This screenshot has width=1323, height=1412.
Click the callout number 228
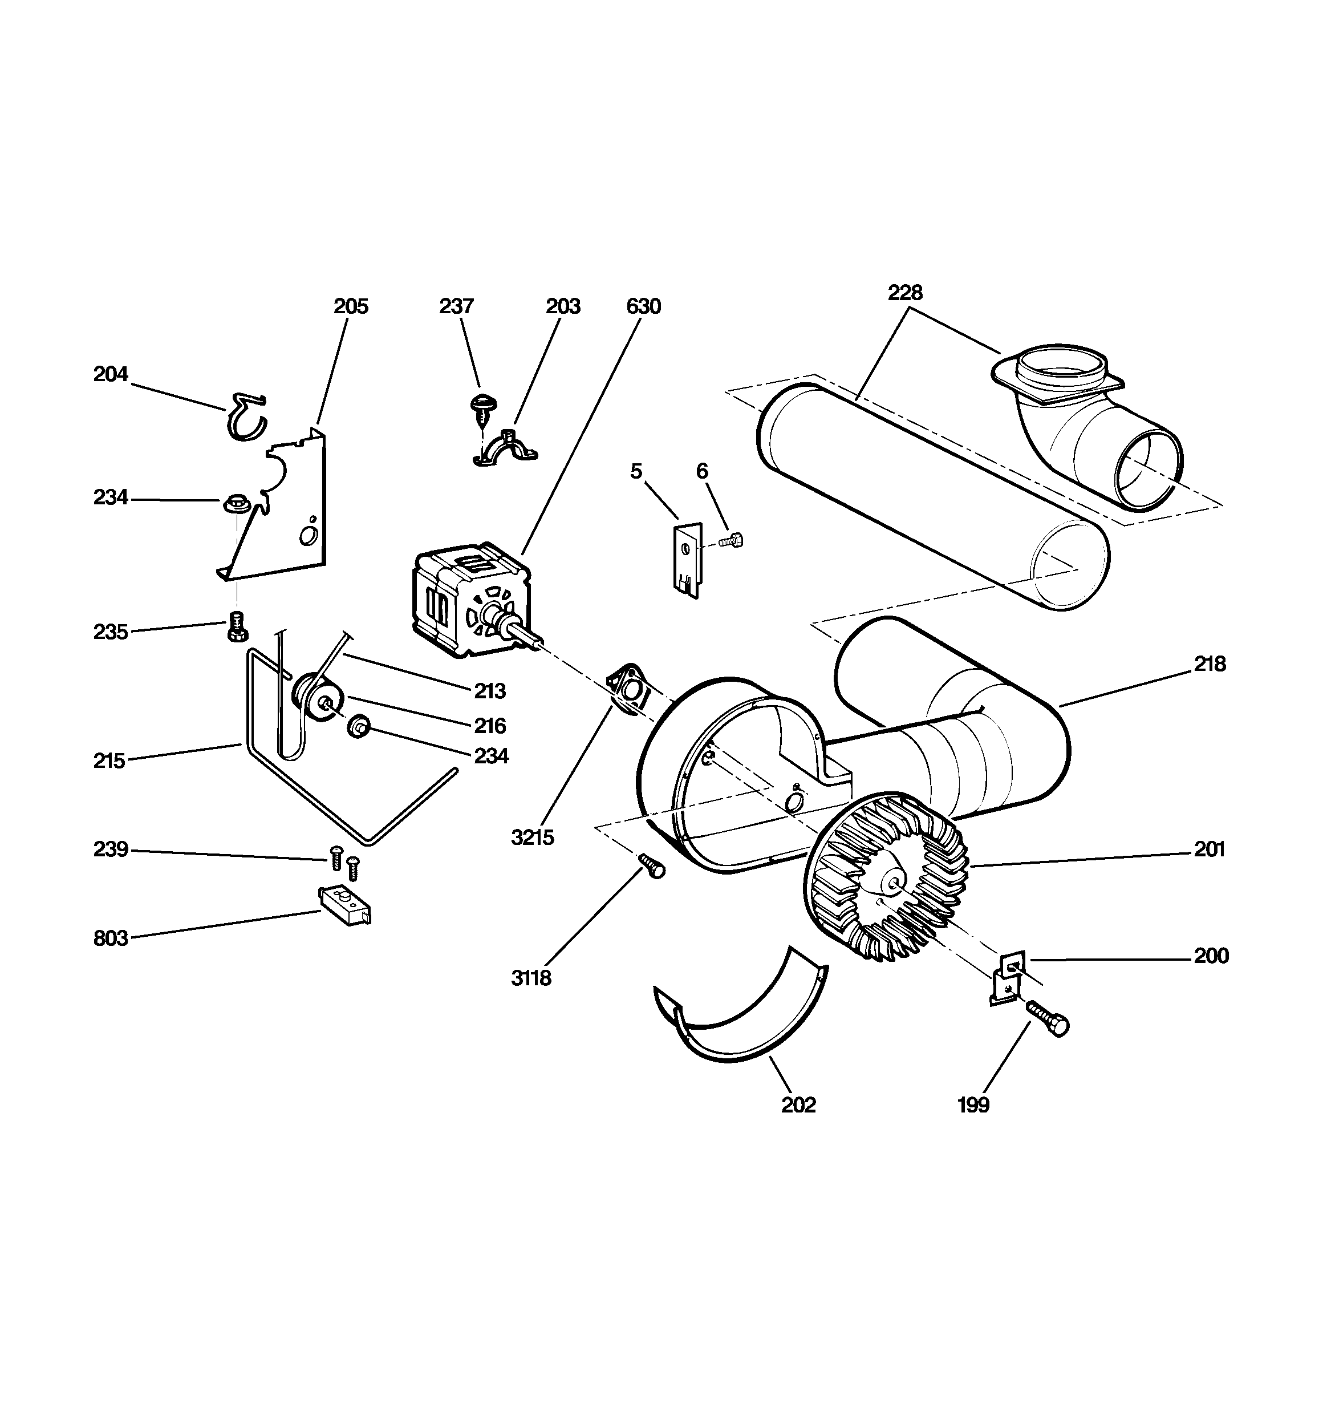905,292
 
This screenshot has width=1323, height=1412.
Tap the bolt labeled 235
237,626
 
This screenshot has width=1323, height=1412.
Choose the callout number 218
1209,664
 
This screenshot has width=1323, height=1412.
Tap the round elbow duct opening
1147,470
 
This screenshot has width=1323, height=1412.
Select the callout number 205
351,306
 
